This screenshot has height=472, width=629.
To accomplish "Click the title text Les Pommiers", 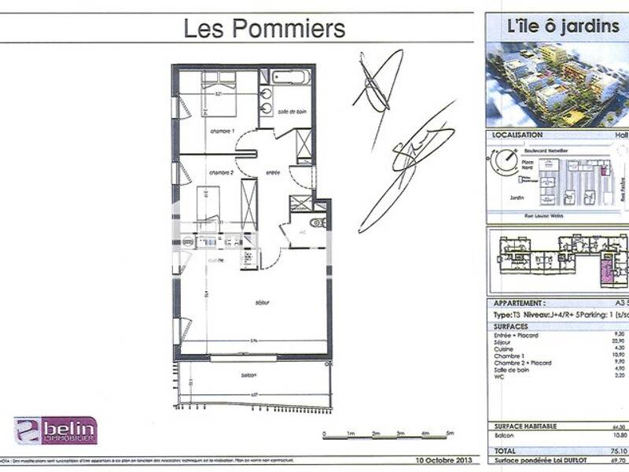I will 264,29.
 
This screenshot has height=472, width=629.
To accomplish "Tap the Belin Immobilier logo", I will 55,430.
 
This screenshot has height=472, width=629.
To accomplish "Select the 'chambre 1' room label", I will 222,131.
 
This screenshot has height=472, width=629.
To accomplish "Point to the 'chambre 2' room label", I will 221,172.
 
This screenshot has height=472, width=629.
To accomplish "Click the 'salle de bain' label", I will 291,112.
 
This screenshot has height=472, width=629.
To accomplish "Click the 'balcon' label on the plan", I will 251,375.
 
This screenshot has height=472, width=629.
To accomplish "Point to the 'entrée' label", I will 273,172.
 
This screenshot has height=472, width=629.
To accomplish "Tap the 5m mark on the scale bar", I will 450,434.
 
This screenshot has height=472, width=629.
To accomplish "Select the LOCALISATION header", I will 517,135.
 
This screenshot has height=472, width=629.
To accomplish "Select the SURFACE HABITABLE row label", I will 525,426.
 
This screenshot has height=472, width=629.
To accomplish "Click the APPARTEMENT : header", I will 518,303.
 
